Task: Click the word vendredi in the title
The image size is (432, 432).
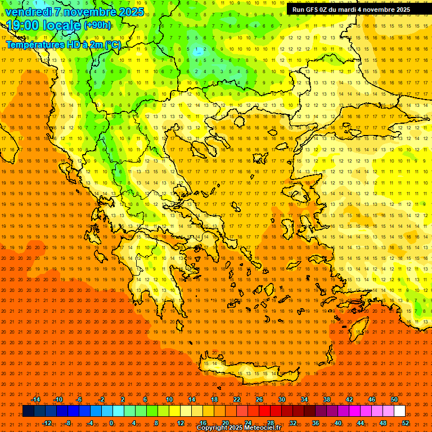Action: [x=29, y=12]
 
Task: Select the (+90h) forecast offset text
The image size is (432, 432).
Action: [x=97, y=25]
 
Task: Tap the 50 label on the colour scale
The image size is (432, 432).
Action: [x=394, y=399]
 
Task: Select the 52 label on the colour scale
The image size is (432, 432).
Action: [x=406, y=422]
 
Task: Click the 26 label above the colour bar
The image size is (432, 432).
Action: [x=259, y=399]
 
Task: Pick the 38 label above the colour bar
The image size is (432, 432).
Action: [x=327, y=399]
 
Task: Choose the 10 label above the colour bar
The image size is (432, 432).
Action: [x=169, y=399]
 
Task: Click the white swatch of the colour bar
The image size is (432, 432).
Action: [x=399, y=411]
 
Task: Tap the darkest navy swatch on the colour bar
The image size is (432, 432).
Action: [x=28, y=411]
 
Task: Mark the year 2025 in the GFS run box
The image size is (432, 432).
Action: [x=400, y=10]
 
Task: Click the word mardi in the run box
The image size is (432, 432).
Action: [x=346, y=10]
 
